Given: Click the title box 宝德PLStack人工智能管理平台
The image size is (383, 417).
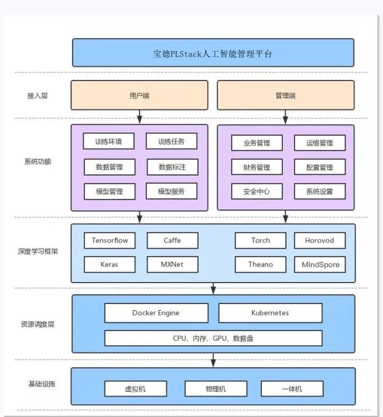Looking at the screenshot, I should click(213, 53).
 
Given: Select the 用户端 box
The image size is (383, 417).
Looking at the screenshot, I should click(140, 95).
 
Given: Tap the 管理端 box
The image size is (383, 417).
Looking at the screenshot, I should click(285, 95).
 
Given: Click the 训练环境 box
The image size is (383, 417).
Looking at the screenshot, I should click(109, 142).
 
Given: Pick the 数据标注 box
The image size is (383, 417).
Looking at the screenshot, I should click(172, 166).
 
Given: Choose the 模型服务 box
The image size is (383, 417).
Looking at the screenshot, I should click(172, 191).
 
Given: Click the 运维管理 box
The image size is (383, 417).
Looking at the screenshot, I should click(319, 143).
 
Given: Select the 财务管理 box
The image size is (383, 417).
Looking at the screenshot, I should click(256, 167).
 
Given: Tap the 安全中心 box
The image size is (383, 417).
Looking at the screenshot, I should click(256, 191).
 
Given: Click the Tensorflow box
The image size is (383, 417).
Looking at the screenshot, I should click(109, 240).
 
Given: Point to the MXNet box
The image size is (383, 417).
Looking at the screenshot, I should click(172, 265).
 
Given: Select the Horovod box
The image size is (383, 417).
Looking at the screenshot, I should click(319, 240).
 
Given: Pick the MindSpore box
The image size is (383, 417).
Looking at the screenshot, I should click(319, 265).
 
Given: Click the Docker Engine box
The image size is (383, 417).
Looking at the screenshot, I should click(156, 313).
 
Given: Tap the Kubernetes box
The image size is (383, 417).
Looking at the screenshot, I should click(270, 313).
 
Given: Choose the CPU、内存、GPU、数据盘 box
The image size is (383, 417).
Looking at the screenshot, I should click(213, 338).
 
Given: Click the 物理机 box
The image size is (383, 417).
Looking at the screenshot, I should click(216, 389).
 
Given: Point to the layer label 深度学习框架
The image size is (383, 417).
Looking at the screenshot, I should click(38, 252).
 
